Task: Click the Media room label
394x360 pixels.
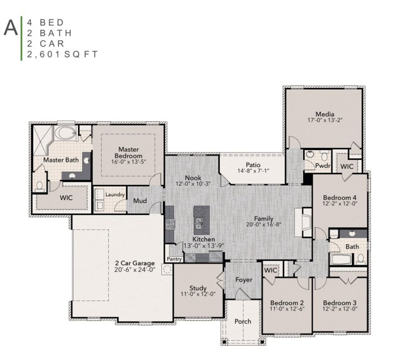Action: pos(325,114)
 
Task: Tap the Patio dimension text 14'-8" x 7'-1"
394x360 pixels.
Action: pos(253,171)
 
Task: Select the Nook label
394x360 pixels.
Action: pos(193,178)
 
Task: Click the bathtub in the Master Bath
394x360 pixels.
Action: pos(65,133)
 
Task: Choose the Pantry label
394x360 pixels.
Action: pos(174,259)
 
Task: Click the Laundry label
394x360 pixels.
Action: pos(115,195)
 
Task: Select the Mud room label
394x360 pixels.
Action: pos(140,201)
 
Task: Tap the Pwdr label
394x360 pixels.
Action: pos(323,166)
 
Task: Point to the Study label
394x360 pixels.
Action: pos(198,288)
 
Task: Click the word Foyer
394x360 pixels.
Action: pos(244,280)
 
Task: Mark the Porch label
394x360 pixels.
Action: pos(243,321)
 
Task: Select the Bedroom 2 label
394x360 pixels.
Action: pos(287,303)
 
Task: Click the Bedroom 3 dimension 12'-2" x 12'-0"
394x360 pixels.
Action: pos(340,309)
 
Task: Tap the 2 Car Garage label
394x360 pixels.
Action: pos(135,263)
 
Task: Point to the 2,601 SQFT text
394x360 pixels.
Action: pos(62,54)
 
